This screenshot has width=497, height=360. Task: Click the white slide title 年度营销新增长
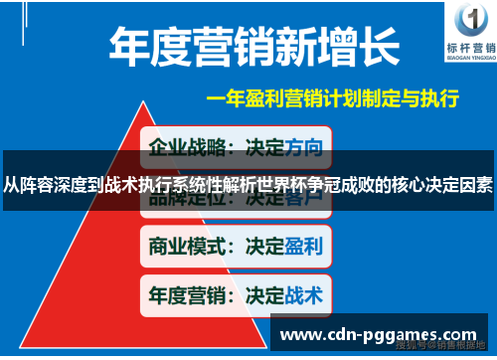pyautogui.click(x=254, y=46)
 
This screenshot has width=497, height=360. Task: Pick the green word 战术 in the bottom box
pyautogui.click(x=303, y=294)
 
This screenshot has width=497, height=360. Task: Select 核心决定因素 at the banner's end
pyautogui.click(x=438, y=184)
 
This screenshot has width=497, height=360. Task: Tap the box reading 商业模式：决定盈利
pyautogui.click(x=234, y=246)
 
